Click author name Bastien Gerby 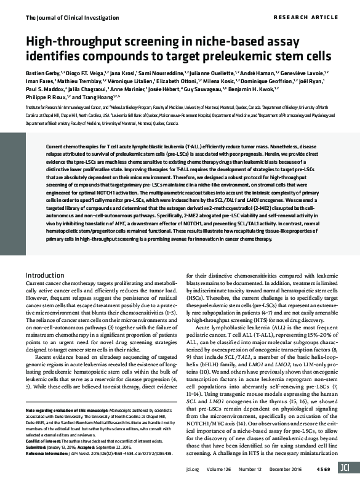pos(42,73)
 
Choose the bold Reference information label pos(52,451)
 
